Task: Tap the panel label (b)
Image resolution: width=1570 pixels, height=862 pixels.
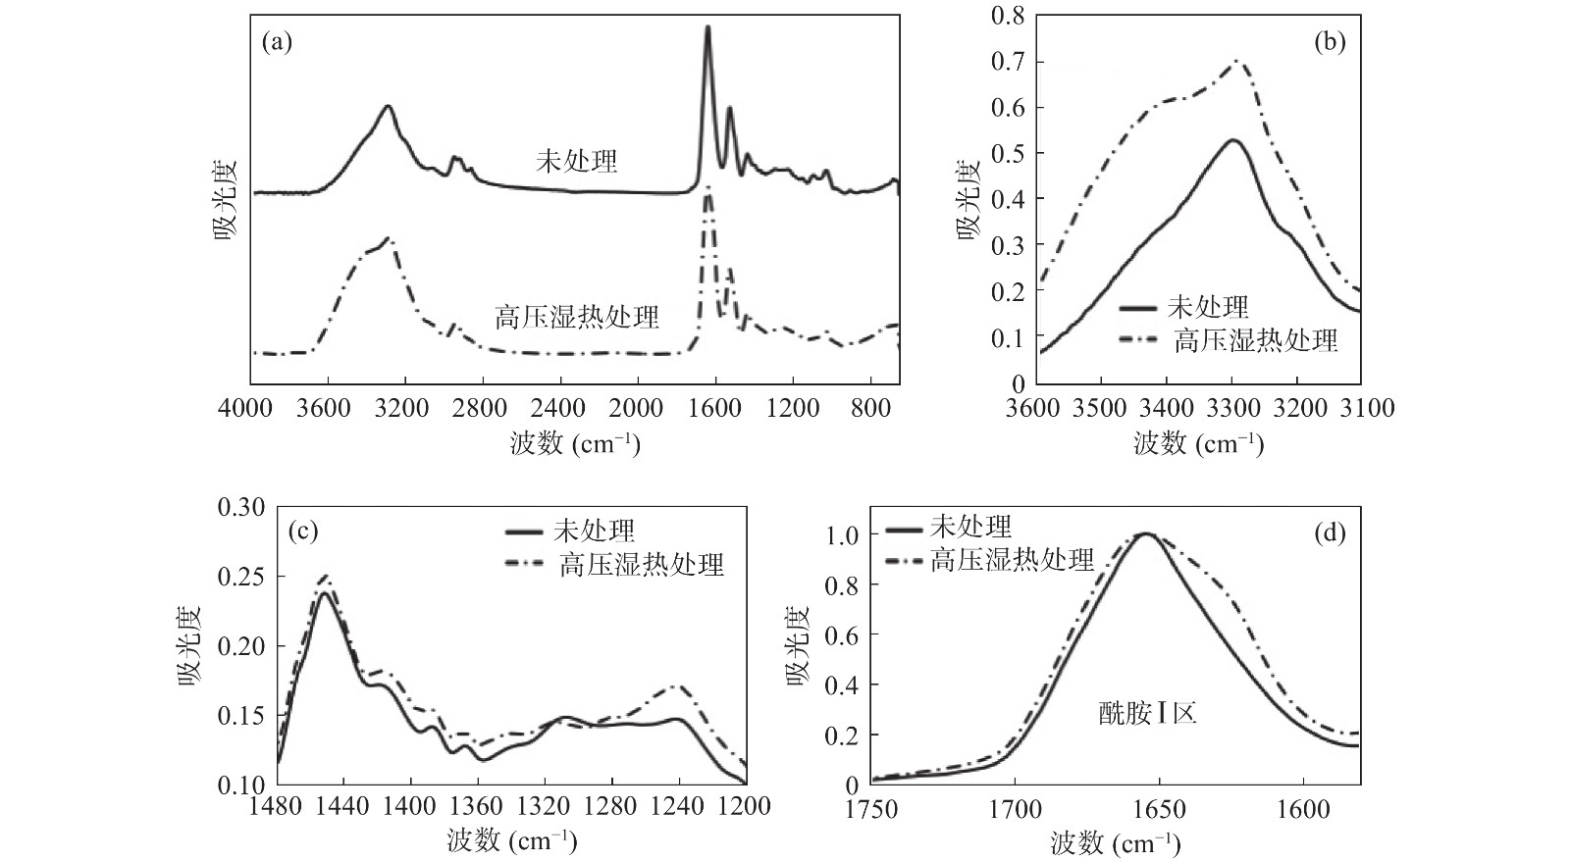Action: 1329,43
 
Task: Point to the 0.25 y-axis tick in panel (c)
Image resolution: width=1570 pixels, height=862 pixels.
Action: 241,577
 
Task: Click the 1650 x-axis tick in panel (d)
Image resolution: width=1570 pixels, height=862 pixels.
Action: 1159,809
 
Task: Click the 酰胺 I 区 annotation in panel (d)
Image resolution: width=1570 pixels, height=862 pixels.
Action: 1147,712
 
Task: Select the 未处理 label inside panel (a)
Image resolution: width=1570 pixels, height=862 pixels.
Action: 577,160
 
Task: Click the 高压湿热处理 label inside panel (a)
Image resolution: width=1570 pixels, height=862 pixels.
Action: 577,317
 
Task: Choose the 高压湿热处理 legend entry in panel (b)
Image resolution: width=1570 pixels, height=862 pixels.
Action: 1256,340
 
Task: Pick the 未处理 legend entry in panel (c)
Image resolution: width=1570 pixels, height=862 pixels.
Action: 595,531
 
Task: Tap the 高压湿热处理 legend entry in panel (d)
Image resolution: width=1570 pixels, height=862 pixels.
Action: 1012,560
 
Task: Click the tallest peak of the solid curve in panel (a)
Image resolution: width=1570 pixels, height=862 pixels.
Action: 706,28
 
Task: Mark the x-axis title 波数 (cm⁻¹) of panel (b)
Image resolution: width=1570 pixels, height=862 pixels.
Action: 1198,443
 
